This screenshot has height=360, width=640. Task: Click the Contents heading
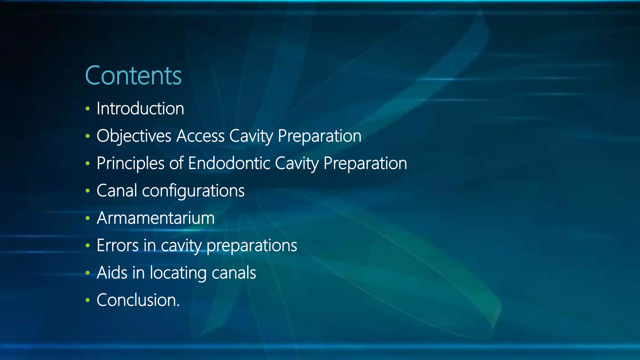click(133, 76)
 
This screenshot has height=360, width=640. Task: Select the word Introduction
click(140, 109)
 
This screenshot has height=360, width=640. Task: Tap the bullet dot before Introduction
click(87, 109)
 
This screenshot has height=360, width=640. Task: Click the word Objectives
click(134, 136)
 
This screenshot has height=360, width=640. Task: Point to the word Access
click(200, 136)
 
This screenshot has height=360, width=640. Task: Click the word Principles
click(130, 163)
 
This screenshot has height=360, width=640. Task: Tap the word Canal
click(117, 191)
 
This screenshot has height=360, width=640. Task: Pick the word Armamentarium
click(156, 218)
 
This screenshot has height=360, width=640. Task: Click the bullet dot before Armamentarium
click(87, 218)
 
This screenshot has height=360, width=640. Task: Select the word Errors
click(117, 246)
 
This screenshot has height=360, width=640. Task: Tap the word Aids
click(112, 273)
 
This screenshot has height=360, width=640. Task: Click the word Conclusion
click(138, 300)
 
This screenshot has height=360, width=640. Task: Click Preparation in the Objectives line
click(319, 136)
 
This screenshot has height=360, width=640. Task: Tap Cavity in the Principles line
click(297, 163)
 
